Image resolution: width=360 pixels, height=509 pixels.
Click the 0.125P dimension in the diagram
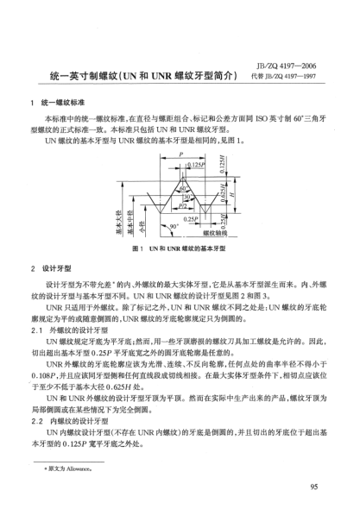[x=197, y=164]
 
